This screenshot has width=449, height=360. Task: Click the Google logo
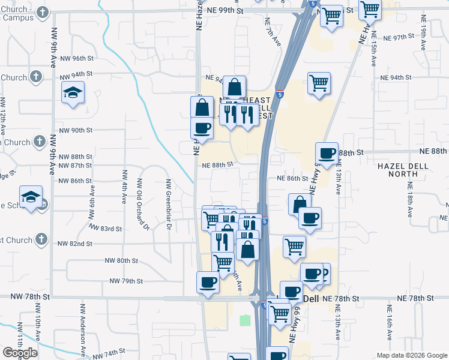point(20,353)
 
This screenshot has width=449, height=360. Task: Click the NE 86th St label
point(292,178)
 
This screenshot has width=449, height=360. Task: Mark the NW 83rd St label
point(106,229)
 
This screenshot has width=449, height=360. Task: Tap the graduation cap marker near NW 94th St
point(73,93)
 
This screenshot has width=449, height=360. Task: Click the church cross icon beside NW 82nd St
point(41,240)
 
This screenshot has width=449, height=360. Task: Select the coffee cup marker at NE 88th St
point(327,154)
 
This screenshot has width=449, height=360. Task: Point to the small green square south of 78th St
point(245,320)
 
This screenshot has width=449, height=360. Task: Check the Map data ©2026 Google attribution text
point(411,355)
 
